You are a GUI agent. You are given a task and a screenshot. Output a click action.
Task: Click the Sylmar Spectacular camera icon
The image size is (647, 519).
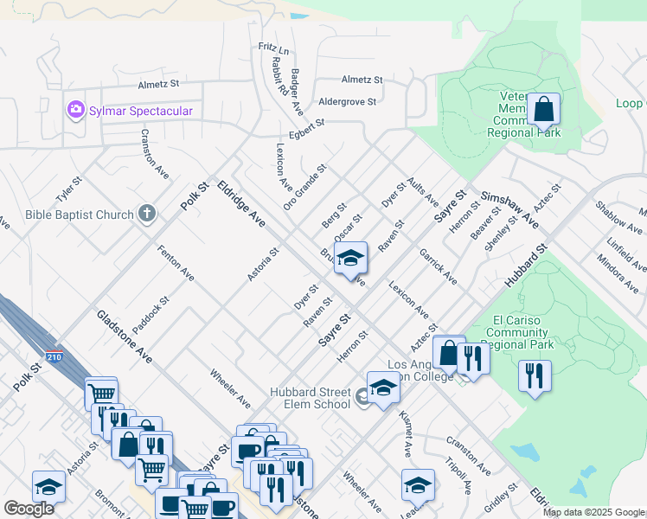point(75,111)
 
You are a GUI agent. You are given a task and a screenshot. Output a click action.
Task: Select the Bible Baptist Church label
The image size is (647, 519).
point(80,215)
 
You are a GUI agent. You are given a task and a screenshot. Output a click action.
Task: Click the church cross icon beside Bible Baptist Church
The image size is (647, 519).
point(147,214)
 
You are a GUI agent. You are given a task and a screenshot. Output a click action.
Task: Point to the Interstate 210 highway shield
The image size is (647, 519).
point(53,356)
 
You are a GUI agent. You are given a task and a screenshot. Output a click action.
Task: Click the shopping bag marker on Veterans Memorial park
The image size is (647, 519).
point(543,111)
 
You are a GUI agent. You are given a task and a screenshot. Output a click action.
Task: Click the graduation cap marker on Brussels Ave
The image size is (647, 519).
point(350,259)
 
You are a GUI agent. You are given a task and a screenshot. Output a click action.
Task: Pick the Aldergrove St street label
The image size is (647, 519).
point(348,101)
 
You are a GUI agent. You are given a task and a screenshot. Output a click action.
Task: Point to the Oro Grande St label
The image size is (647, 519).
point(304,188)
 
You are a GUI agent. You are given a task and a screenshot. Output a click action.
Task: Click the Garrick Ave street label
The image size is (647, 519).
point(439,267)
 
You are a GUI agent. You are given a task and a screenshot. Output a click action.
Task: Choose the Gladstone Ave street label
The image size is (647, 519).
point(125,336)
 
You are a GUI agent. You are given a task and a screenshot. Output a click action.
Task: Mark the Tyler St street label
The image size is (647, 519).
point(68,190)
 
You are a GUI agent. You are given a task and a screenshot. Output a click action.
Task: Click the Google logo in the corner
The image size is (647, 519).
point(29,509)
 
